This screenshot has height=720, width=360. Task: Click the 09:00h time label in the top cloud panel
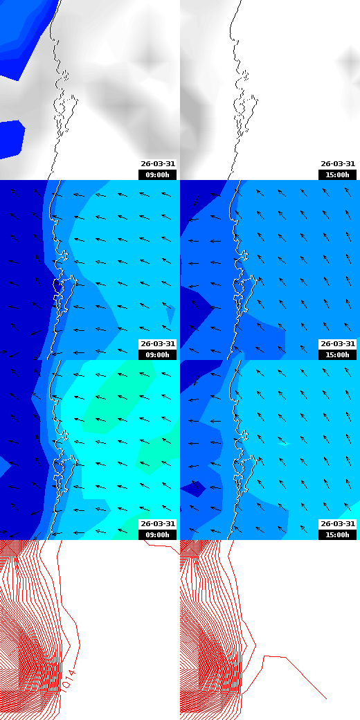coord(158,174)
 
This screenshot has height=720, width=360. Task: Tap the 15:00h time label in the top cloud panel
coord(338,174)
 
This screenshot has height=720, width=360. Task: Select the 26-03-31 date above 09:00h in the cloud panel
coord(158,164)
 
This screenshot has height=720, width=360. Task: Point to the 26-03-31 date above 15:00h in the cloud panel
coord(338,164)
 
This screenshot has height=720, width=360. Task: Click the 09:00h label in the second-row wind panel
coord(158,354)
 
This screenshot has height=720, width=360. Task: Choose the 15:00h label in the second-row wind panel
coord(338,354)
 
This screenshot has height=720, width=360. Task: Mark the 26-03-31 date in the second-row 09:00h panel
coord(158,344)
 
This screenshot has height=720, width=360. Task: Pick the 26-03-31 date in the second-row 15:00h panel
coord(338,344)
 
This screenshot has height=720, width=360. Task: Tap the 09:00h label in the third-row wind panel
coord(158,534)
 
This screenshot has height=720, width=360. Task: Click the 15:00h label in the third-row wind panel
coord(338,534)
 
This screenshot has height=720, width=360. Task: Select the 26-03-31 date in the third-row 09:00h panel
coord(158,524)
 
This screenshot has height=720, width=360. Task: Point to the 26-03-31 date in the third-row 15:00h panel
coord(338,524)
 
